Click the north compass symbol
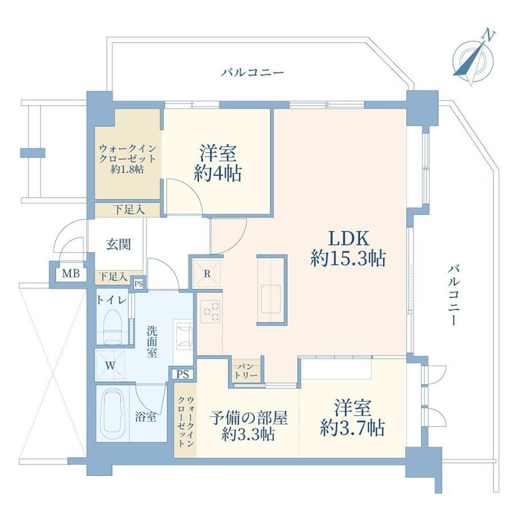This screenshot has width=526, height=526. pos(473,59)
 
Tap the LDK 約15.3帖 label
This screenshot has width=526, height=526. pos(348,248)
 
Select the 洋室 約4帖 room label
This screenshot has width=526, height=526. pos(218,163)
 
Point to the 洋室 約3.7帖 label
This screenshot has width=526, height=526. pos(352,417)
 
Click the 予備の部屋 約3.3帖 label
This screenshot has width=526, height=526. pos(248,425)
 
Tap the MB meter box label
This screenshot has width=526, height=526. pos(71,273)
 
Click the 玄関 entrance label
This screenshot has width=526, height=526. pos(118,244)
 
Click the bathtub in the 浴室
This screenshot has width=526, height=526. pos(113,413)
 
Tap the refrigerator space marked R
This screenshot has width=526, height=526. pos(208,273)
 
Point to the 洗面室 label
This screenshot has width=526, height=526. pos(152,341)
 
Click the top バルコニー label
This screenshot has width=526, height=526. pos(252,73)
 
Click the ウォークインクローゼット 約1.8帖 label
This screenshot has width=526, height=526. pos(127,159)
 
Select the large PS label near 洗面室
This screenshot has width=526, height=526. pos(183,374)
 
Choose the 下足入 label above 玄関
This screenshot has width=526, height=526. pos(129,210)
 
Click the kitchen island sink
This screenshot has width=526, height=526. pos(272,300)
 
